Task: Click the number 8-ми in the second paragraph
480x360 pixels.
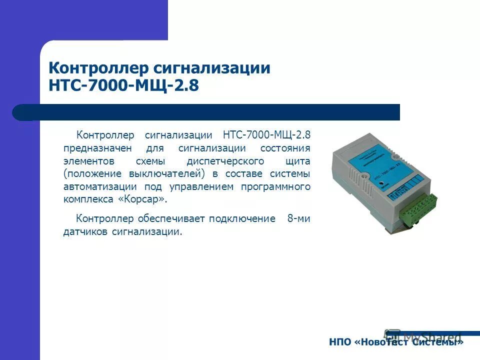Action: (x=298, y=219)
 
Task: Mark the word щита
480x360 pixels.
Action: (x=298, y=161)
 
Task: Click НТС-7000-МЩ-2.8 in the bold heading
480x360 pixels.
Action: (x=123, y=85)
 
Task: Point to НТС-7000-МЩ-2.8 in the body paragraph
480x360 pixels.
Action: (x=266, y=135)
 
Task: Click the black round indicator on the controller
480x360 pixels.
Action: (x=381, y=183)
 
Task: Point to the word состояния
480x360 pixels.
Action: (x=285, y=148)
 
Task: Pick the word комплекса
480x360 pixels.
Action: (x=87, y=199)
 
